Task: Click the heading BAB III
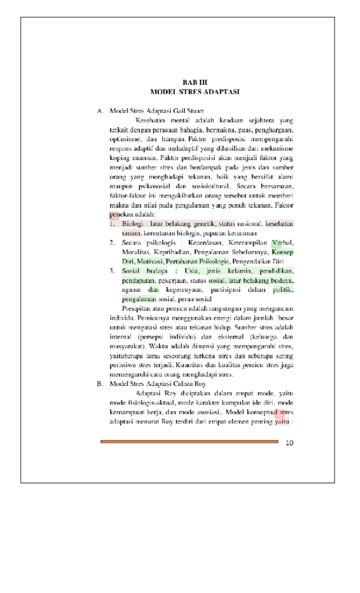point(194,83)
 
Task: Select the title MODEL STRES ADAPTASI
point(194,91)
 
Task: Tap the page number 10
point(289,442)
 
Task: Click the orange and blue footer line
point(189,442)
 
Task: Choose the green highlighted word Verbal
point(282,243)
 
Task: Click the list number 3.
point(111,271)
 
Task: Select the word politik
point(284,290)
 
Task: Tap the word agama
point(132,290)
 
